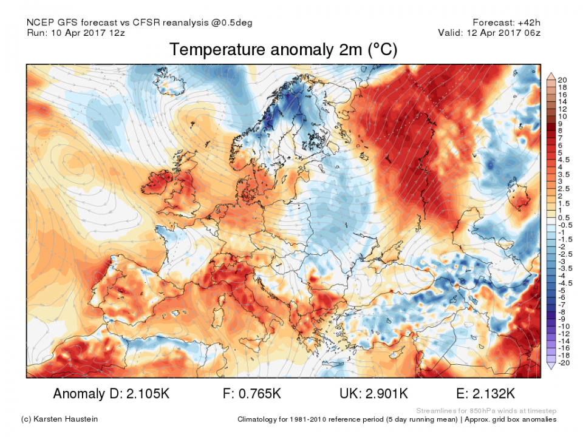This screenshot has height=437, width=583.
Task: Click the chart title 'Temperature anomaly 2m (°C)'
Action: click(283, 50)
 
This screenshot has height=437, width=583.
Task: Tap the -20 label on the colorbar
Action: click(563, 362)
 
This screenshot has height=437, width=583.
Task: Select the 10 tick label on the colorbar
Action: click(562, 116)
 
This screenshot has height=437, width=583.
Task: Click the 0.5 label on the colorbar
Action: click(564, 218)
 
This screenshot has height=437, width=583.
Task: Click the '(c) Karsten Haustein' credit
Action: click(59, 419)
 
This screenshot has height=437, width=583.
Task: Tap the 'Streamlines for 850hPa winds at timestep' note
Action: click(485, 410)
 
